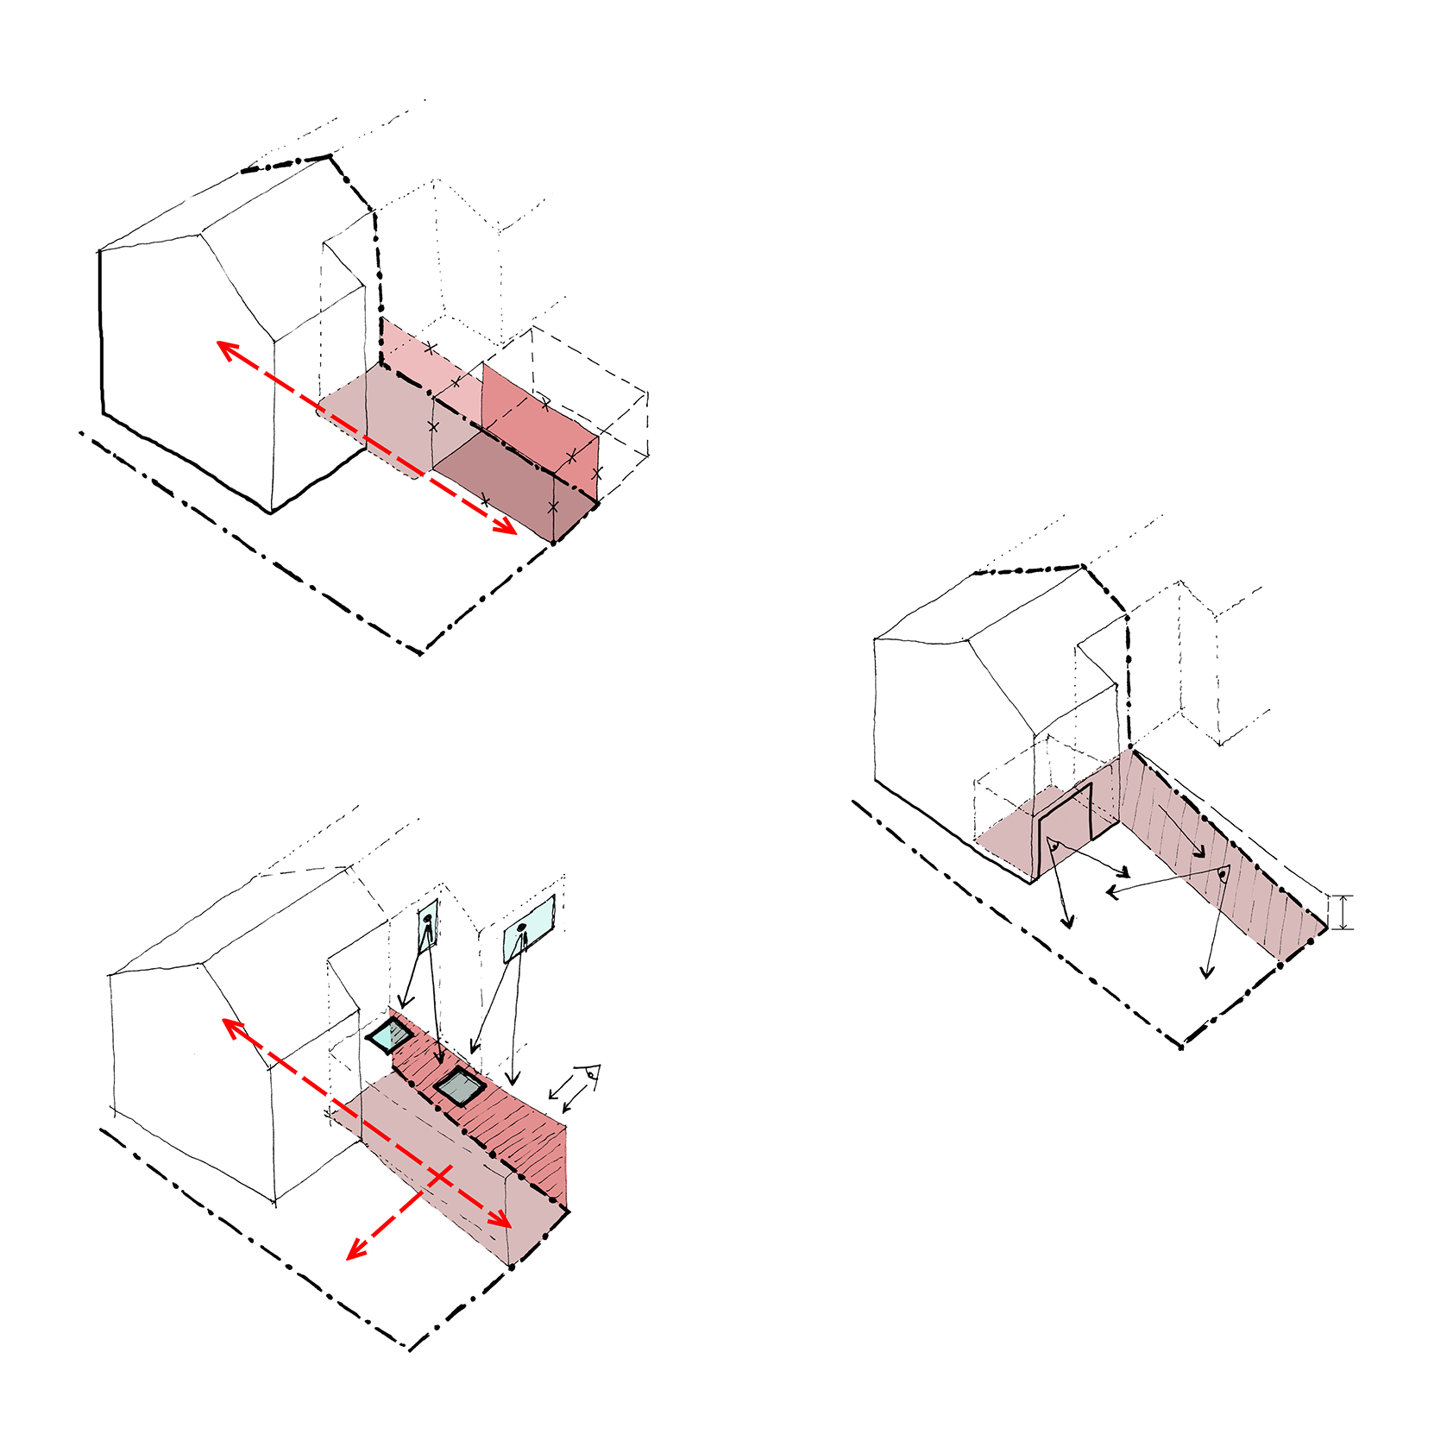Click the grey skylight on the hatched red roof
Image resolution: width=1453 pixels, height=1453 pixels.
[458, 1087]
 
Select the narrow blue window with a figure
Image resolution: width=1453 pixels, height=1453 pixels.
[429, 927]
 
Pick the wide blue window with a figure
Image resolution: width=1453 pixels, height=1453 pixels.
[529, 928]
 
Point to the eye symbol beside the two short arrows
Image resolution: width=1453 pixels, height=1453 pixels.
[591, 1075]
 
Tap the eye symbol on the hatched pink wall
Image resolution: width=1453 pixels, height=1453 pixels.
[1223, 876]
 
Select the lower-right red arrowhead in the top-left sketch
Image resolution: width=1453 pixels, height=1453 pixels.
[507, 528]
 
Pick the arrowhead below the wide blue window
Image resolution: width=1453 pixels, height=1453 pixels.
[513, 1081]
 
